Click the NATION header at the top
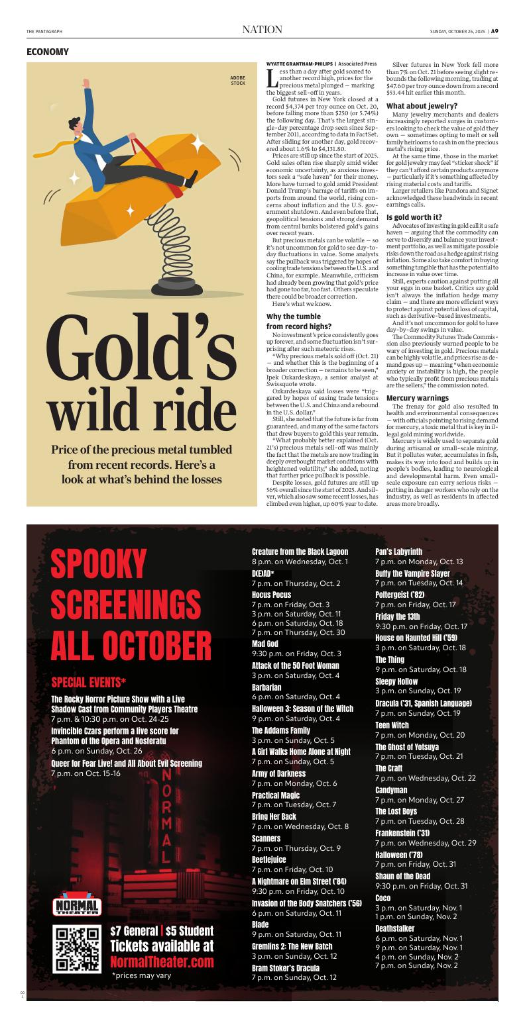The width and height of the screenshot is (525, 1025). [x=262, y=30]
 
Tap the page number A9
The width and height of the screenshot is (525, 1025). [x=494, y=30]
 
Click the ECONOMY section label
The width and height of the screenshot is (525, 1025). [x=47, y=52]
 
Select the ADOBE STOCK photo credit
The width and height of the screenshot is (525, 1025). [x=237, y=81]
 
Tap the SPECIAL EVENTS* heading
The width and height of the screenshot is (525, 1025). [x=88, y=683]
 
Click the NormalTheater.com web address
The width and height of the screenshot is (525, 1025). [x=162, y=961]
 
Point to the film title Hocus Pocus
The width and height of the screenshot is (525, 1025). [x=271, y=595]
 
